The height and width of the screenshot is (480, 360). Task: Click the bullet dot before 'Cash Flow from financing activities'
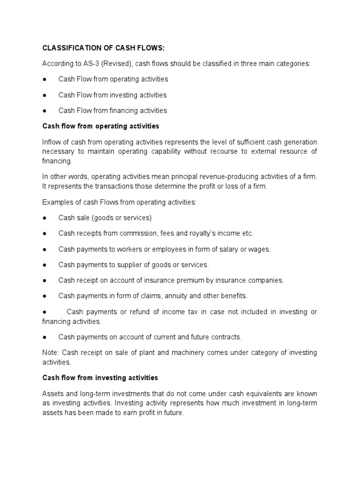(45, 111)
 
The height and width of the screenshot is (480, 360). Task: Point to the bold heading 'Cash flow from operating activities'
(101, 126)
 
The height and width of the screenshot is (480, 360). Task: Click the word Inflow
(51, 142)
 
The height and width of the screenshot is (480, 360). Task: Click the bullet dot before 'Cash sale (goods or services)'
(45, 218)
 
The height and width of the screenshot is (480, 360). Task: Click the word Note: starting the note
(51, 352)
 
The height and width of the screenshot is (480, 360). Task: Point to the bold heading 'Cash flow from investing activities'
(100, 377)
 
